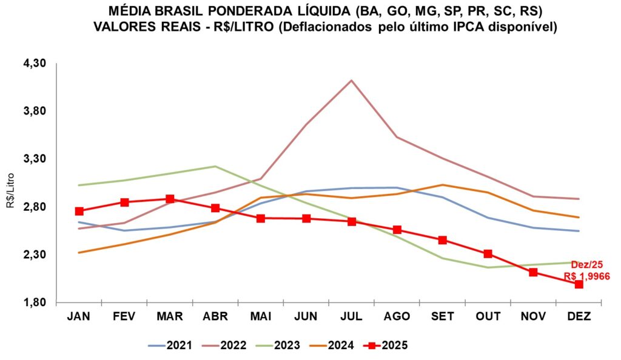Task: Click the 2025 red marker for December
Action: click(x=579, y=284)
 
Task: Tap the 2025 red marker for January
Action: click(x=79, y=211)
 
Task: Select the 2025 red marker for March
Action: click(x=170, y=199)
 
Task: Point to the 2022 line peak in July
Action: click(x=351, y=80)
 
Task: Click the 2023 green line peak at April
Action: click(x=215, y=166)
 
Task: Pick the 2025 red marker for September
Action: click(x=442, y=240)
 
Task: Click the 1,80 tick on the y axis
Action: click(x=35, y=302)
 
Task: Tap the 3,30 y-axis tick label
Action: click(x=35, y=159)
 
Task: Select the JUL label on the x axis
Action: click(x=351, y=316)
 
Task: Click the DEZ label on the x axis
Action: click(x=579, y=316)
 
